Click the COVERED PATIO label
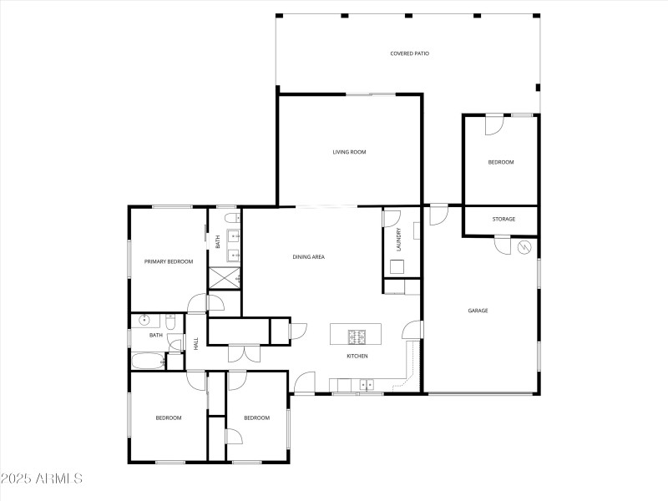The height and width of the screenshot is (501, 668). pos(409,53)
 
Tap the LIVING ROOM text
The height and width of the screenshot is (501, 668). pos(349,152)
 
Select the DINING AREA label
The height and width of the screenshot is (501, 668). pos(308,257)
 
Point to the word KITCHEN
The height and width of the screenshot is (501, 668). pos(357,357)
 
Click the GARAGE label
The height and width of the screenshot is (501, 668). pos(478,311)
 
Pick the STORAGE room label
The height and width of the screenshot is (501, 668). pos(504,220)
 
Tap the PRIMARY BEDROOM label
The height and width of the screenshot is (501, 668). pos(169,261)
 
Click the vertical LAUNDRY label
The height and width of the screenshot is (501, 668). pos(399,240)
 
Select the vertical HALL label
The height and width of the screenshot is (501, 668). pos(196,343)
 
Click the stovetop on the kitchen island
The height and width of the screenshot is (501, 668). pos(357,337)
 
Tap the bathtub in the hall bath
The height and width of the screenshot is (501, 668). pos(148,362)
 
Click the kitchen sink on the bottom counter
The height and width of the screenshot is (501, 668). pos(366,385)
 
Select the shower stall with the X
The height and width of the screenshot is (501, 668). pos(224,278)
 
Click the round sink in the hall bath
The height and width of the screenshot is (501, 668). pos(144,319)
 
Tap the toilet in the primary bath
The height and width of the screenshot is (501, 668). pos(230,219)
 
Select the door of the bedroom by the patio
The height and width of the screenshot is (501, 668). pos(493,124)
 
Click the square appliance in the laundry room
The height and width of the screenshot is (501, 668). pos(397,267)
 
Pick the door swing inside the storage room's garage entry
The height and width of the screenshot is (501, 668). pos(503,245)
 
